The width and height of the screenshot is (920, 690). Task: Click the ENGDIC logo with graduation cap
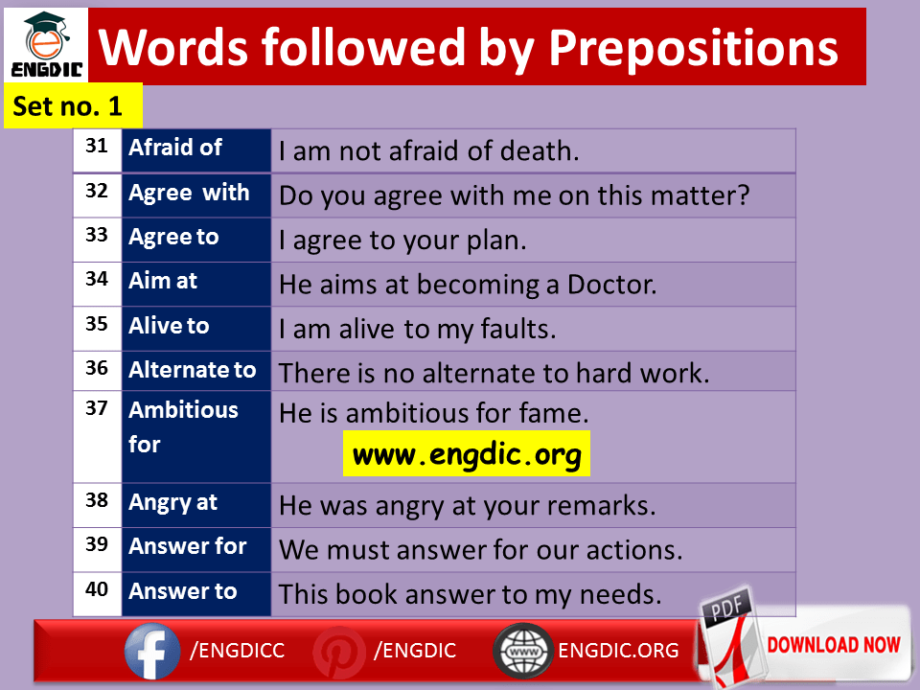[x=46, y=45]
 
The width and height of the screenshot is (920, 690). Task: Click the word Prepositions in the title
[x=693, y=48]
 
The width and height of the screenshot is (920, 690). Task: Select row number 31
[x=97, y=146]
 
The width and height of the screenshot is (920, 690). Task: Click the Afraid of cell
[x=195, y=150]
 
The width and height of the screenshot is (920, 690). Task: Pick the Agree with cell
[x=195, y=195]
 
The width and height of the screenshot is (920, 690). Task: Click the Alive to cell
[x=195, y=329]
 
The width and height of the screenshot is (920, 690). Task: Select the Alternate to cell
[x=195, y=371]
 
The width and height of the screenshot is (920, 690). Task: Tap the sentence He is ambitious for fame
[x=433, y=413]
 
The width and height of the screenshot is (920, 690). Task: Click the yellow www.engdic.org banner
[x=467, y=453]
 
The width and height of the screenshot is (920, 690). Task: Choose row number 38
[x=97, y=500]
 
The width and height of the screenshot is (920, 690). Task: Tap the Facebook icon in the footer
[x=152, y=651]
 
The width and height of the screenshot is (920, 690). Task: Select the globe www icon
[x=523, y=651]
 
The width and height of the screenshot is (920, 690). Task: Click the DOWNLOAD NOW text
[x=834, y=644]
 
